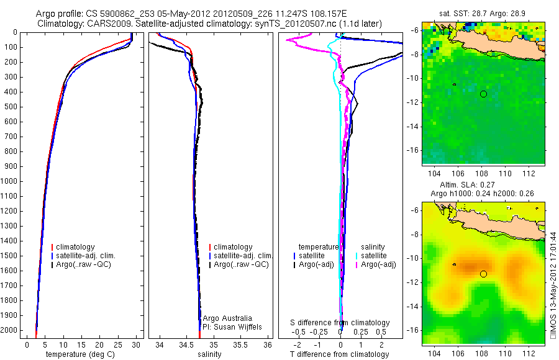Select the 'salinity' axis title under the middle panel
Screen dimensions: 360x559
pyautogui.click(x=209, y=354)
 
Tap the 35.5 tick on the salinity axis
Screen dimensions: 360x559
pyautogui.click(x=241, y=344)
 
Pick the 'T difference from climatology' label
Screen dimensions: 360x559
pyautogui.click(x=341, y=354)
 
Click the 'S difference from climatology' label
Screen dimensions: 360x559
pyautogui.click(x=340, y=323)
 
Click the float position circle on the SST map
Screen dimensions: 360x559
pyautogui.click(x=483, y=94)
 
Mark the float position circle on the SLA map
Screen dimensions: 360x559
pyautogui.click(x=483, y=274)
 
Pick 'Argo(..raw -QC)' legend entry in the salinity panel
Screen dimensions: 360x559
pyautogui.click(x=240, y=264)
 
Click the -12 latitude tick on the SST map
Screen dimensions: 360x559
pyautogui.click(x=412, y=102)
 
